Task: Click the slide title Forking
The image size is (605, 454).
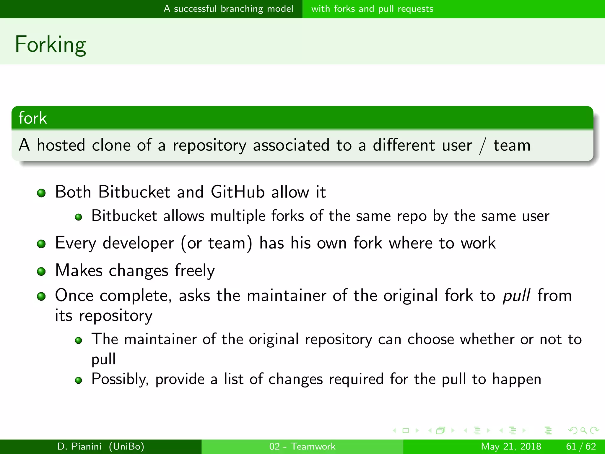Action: coord(51,44)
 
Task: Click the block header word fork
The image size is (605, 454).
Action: coord(32,118)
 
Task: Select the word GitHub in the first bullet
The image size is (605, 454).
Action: coord(238,192)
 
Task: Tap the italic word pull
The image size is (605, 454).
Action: coord(516,295)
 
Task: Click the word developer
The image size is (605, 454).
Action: coord(138,243)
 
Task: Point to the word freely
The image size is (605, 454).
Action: coord(195,270)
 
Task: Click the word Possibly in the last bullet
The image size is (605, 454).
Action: coord(120,379)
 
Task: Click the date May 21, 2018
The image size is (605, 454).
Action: coord(511,446)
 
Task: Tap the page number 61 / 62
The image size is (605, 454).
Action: coord(581,446)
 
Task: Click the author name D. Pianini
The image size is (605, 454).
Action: coord(79,446)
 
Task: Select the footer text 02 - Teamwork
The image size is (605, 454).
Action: coord(302,446)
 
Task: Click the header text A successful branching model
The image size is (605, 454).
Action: coord(228,9)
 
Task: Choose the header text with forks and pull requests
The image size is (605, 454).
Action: coord(372,9)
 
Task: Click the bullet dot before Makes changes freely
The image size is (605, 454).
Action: coord(41,271)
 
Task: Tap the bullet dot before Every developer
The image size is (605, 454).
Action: coord(41,244)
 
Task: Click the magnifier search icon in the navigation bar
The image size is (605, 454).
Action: coord(583,430)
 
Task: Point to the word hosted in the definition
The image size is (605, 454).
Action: coord(61,145)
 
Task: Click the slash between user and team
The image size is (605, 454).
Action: coord(483,146)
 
